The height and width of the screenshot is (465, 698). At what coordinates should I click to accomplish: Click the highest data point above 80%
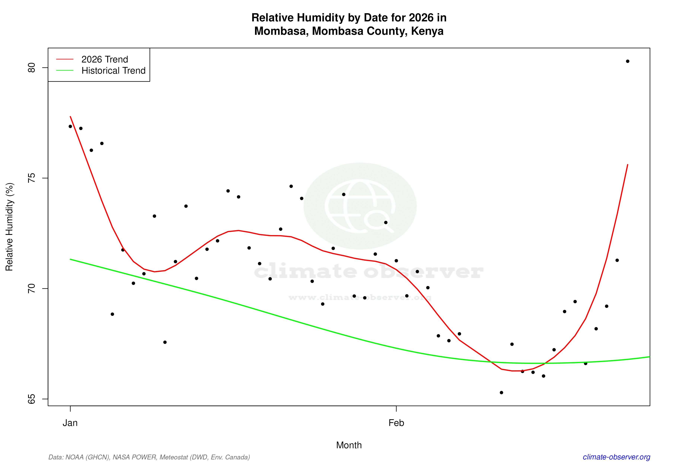pos(627,61)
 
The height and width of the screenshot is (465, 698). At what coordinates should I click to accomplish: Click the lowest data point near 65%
pos(501,393)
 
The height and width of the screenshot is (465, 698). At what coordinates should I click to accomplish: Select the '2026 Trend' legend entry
pos(104,59)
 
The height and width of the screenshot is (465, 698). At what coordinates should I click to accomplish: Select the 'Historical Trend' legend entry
pos(113,70)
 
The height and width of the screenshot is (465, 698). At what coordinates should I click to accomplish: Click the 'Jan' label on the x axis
pos(70,423)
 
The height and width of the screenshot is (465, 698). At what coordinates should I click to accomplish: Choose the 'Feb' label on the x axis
pos(396,423)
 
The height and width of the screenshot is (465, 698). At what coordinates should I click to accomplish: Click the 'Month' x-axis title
pos(349,445)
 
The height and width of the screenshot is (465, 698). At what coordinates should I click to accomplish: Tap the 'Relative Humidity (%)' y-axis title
pos(9,227)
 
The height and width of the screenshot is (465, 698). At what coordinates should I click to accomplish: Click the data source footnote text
pos(149,457)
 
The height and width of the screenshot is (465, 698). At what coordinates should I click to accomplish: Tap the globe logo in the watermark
pos(360,206)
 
